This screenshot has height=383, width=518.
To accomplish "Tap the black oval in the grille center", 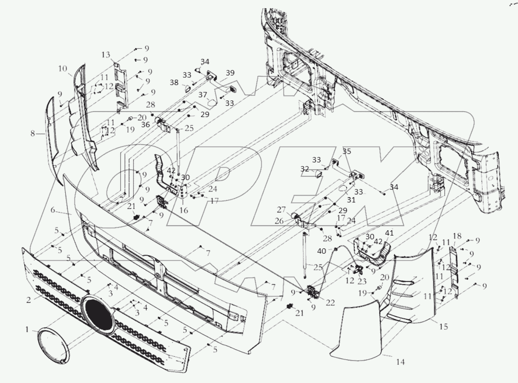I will click(98, 315).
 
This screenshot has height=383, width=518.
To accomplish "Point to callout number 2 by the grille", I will click(28, 300).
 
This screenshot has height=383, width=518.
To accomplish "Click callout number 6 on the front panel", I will click(53, 210).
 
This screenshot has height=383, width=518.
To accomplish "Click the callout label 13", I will click(106, 55).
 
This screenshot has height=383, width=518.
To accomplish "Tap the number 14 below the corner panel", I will click(400, 362).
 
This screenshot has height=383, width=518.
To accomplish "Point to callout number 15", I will click(443, 327).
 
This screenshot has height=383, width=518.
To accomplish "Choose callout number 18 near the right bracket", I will click(457, 236).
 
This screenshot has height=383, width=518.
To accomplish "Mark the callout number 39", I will click(230, 73).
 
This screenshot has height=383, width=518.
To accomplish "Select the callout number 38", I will click(174, 82).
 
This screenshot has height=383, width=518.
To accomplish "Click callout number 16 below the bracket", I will click(184, 210).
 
